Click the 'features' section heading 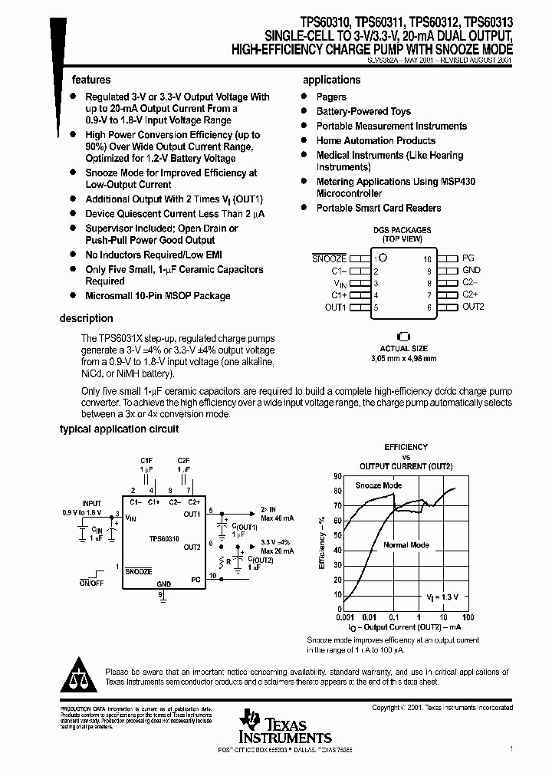91,80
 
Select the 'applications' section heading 331,80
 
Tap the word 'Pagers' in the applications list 331,97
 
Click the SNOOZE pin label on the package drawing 329,260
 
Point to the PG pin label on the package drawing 468,259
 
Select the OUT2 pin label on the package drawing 473,307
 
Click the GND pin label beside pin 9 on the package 472,271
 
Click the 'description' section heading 87,318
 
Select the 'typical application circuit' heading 120,429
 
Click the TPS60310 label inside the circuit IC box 165,539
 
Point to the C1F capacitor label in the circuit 146,459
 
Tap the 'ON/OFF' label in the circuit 91,584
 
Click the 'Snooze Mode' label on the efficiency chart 378,485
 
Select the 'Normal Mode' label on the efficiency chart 406,545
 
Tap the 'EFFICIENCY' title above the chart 406,446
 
